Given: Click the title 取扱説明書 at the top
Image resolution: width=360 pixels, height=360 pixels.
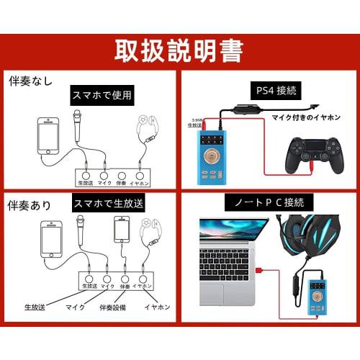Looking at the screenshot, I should pyautogui.click(x=180, y=50).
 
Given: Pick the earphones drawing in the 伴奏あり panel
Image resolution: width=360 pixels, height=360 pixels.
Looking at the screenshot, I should pyautogui.click(x=153, y=234).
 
